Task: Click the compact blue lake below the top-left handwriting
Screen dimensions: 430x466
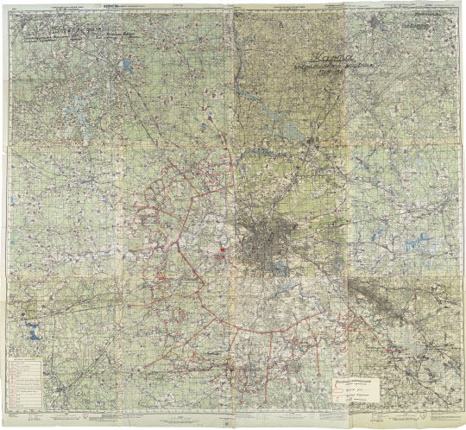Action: [x=127, y=65]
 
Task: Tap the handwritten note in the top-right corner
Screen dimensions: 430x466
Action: [x=420, y=24]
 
